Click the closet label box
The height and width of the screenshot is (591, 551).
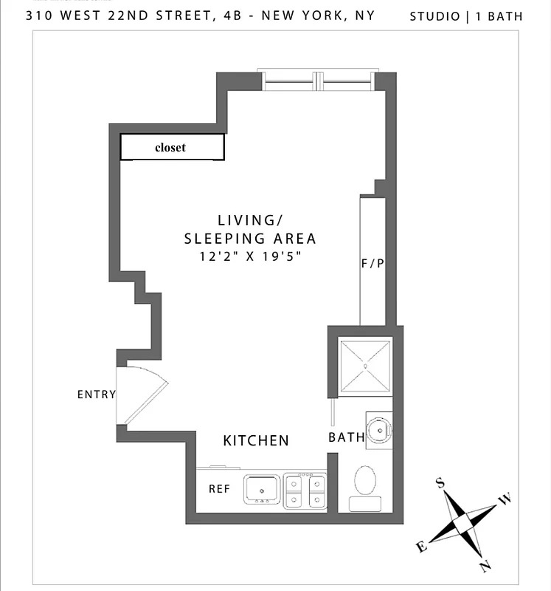pyautogui.click(x=173, y=147)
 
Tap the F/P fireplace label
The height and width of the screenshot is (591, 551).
pyautogui.click(x=372, y=264)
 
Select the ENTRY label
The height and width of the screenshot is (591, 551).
pyautogui.click(x=97, y=394)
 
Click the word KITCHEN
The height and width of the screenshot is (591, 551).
pyautogui.click(x=256, y=441)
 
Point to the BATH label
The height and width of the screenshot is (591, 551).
pyautogui.click(x=347, y=437)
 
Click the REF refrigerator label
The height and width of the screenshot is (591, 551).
pyautogui.click(x=220, y=489)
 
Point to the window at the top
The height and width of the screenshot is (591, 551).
pyautogui.click(x=316, y=80)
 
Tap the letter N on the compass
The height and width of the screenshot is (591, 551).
pyautogui.click(x=485, y=567)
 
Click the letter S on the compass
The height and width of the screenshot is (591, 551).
pyautogui.click(x=440, y=483)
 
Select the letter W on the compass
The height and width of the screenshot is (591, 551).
pyautogui.click(x=505, y=500)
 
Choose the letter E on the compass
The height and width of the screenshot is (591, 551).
pyautogui.click(x=421, y=547)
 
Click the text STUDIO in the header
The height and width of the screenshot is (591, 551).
pyautogui.click(x=435, y=16)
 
